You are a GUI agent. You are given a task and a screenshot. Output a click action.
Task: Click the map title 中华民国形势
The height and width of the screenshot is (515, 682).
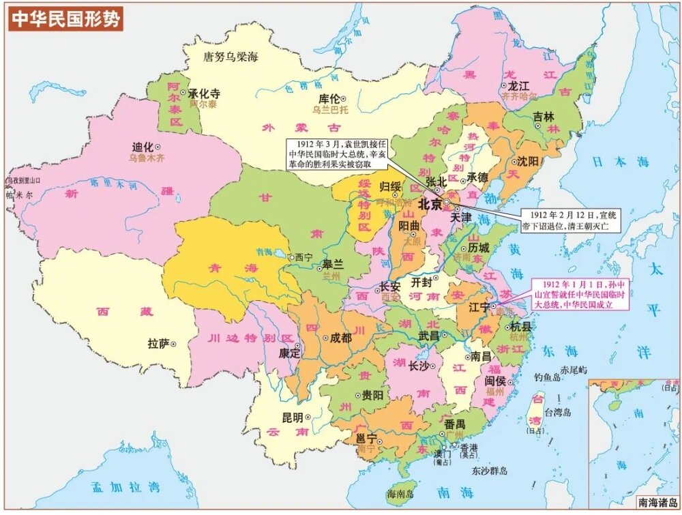(x=65, y=18)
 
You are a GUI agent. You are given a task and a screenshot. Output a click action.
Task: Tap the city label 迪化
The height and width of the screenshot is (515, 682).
(x=142, y=147)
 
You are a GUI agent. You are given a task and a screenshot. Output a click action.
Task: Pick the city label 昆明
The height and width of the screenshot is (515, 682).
(x=293, y=417)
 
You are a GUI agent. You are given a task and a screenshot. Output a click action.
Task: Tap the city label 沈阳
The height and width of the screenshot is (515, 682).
(x=527, y=162)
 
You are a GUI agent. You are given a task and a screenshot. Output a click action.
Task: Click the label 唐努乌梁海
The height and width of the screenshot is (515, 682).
(x=232, y=57)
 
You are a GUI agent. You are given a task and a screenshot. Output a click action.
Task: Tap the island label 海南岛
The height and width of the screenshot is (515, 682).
(x=401, y=493)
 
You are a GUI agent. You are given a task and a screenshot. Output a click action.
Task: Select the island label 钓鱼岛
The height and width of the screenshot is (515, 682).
(x=548, y=377)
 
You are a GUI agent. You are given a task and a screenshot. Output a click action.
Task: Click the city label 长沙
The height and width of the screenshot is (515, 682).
(x=418, y=366)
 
